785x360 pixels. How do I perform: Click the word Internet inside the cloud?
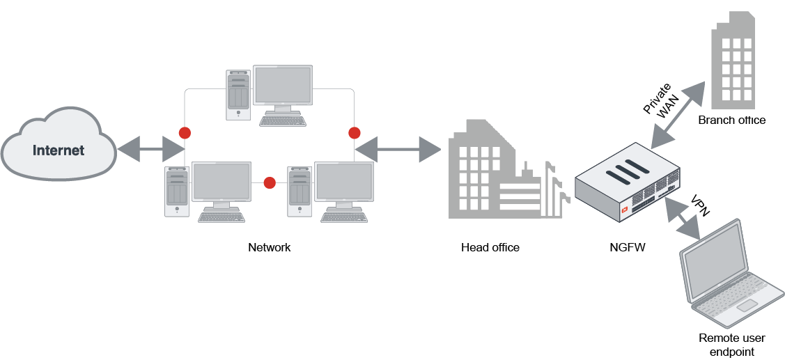coord(59,150)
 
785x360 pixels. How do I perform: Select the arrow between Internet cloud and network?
coord(150,148)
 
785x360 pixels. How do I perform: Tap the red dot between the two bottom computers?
coord(270,183)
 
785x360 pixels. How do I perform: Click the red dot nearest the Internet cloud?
coord(185,132)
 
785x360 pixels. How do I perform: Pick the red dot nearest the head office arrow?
coord(354,132)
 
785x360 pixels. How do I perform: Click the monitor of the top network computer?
coord(282,86)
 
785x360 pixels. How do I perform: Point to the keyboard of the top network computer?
coord(282,120)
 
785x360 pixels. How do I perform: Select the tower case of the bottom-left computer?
coord(176,191)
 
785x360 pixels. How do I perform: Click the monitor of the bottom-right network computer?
coord(343,182)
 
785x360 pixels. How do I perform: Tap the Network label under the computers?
coord(269,247)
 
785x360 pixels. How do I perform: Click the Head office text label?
coord(490,247)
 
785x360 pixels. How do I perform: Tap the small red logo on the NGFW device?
coord(625,208)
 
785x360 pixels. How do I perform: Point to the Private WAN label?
coord(661,104)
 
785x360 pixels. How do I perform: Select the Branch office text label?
coord(731,120)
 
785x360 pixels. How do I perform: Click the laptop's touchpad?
coord(747,306)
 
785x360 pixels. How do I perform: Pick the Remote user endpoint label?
coord(731,345)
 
